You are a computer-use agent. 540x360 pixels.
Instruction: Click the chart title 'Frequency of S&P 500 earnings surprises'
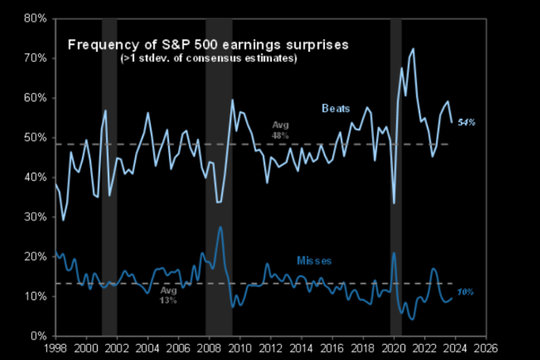click(208, 45)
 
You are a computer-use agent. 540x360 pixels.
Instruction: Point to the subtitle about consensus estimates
click(208, 59)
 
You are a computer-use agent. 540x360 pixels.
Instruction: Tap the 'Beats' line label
click(336, 108)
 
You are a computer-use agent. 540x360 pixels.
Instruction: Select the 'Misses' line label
click(314, 260)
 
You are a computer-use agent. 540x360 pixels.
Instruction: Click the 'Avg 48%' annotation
click(280, 130)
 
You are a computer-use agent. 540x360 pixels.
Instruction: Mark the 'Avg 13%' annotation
click(168, 296)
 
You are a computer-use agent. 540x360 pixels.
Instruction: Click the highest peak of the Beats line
click(413, 49)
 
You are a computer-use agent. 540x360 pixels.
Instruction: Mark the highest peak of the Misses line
click(220, 226)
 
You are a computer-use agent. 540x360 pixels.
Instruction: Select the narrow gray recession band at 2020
click(396, 177)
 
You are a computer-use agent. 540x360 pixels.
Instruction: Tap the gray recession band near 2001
click(109, 177)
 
